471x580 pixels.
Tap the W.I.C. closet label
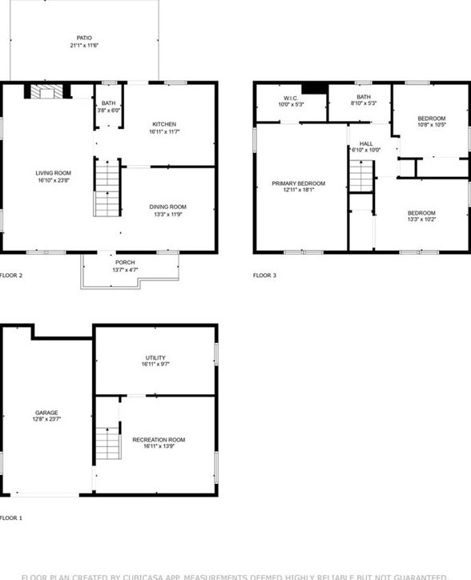coord(287,99)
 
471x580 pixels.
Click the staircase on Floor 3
coord(361,175)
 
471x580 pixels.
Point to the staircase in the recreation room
coord(107,443)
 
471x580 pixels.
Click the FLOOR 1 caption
coord(11,518)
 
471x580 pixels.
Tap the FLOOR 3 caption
coord(264,276)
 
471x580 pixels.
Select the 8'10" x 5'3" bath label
coord(364,99)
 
